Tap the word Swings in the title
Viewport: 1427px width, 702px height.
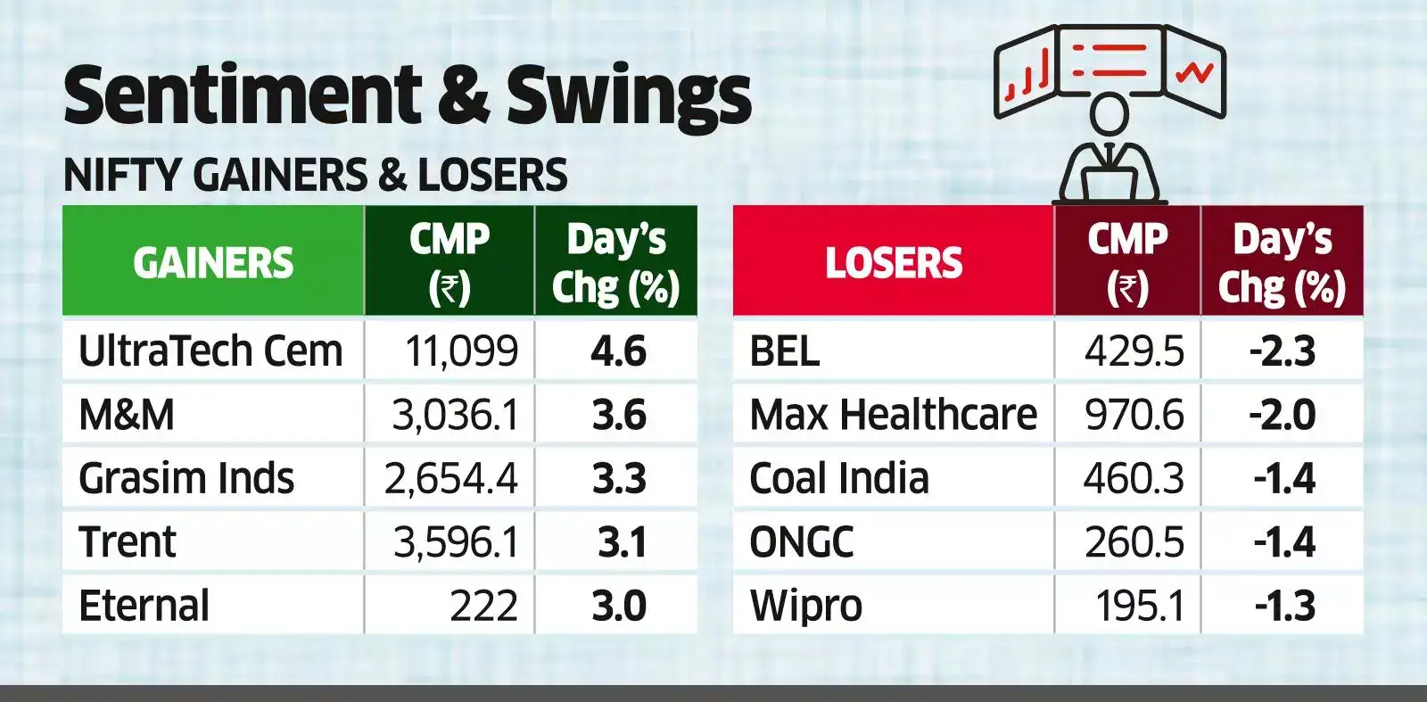tap(629, 96)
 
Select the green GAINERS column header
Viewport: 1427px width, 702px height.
tap(213, 262)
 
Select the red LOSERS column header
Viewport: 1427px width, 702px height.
tap(894, 262)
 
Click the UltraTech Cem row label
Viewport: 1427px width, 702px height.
tap(210, 351)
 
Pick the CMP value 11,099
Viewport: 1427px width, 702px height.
tap(461, 351)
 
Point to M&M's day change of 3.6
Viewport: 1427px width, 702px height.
tap(619, 415)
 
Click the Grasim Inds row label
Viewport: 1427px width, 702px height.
tap(186, 478)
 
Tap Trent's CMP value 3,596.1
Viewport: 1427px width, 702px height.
tap(456, 542)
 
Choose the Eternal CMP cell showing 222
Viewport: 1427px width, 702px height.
tap(483, 606)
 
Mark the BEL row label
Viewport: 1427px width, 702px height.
tap(784, 351)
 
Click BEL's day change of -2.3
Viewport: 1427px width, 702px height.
tap(1283, 351)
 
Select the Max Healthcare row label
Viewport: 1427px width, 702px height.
tap(893, 415)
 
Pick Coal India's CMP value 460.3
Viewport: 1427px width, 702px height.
tap(1134, 478)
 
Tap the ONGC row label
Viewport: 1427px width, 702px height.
tap(801, 542)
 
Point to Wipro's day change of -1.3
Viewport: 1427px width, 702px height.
tap(1284, 606)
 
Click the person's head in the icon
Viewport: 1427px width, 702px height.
tap(1109, 114)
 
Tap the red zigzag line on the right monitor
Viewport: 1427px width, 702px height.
tap(1194, 71)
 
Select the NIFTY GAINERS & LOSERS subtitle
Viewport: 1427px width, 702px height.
tap(315, 175)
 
